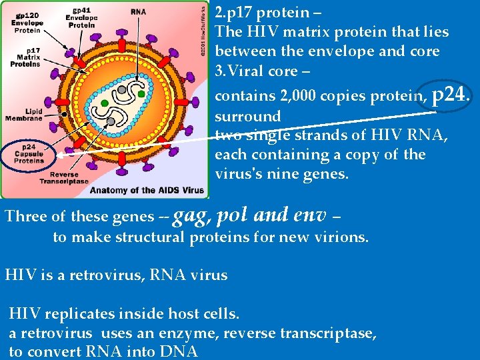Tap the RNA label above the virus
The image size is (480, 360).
139,11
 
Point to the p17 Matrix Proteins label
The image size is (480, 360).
23,58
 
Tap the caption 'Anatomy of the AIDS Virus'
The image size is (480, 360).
147,190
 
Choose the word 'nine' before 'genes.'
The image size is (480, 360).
297,174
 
